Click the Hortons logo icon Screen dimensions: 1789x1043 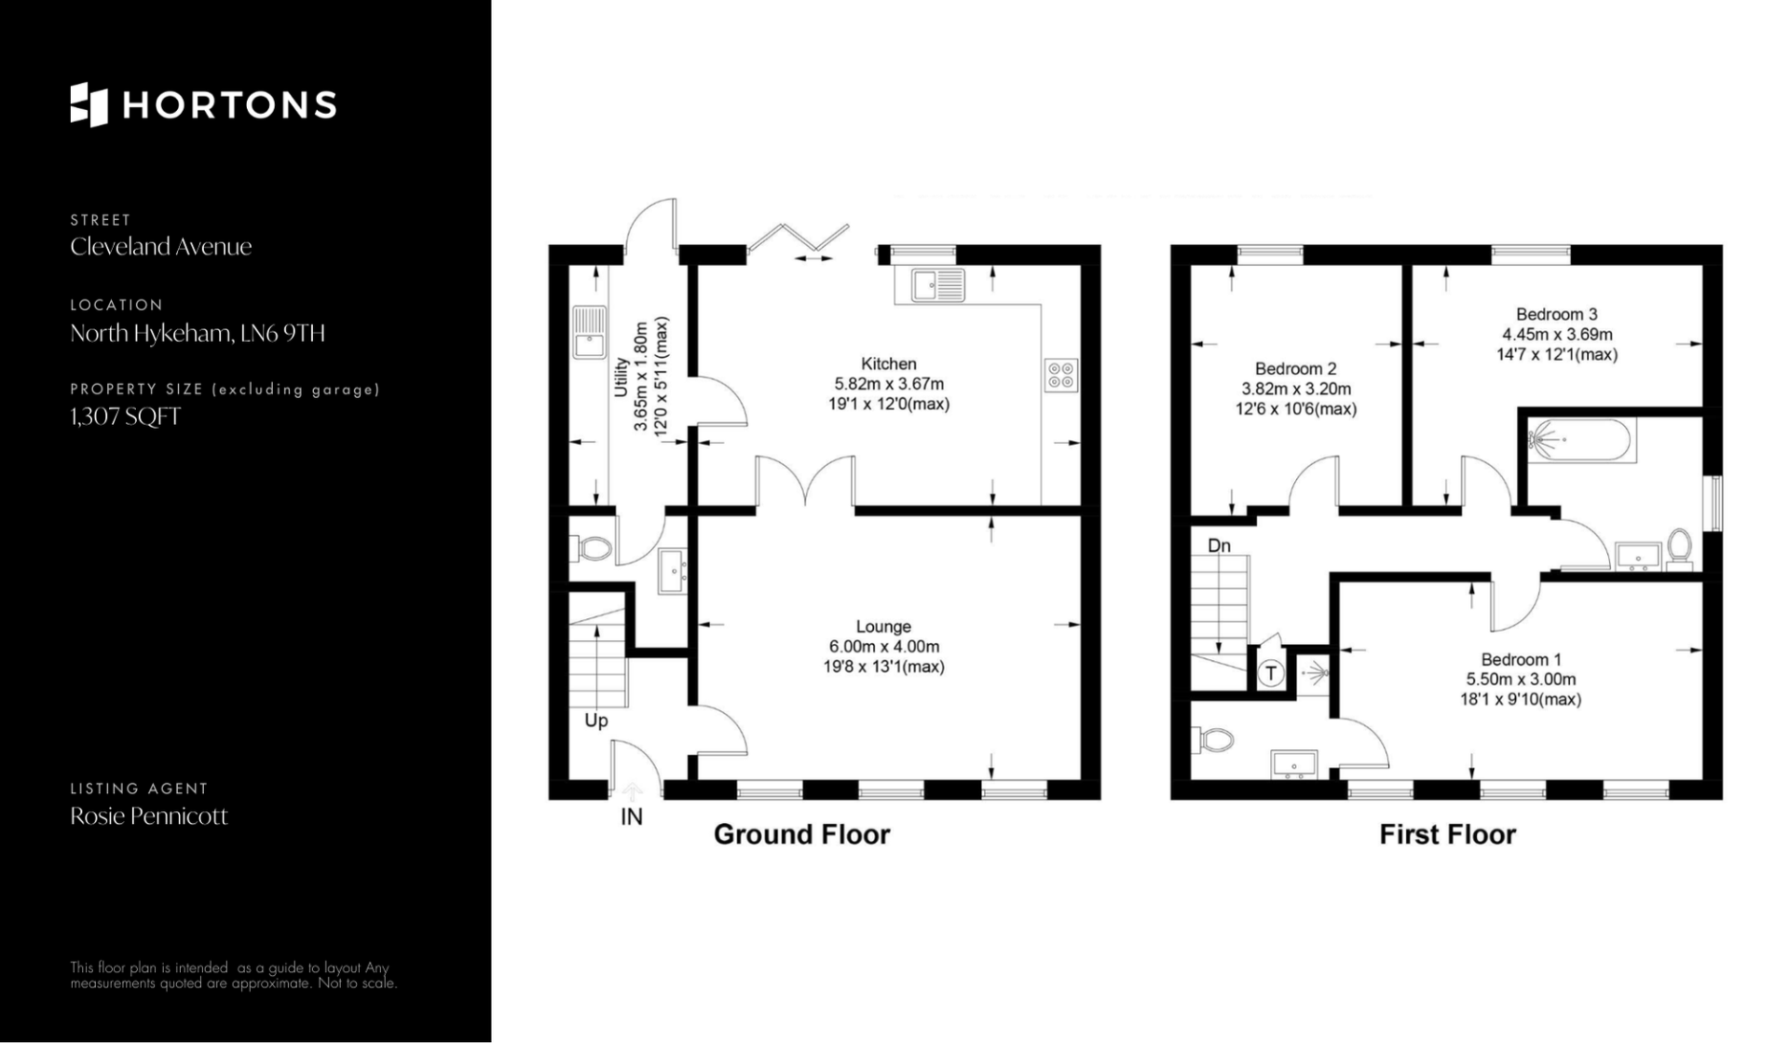click(89, 104)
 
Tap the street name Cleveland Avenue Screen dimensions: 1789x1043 click(161, 247)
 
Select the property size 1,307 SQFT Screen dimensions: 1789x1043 click(126, 417)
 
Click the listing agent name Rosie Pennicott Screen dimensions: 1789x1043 click(149, 817)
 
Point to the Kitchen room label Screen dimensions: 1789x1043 click(889, 364)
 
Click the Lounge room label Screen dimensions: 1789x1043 click(883, 626)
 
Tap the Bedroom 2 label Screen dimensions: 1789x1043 click(1296, 368)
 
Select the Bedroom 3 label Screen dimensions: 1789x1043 click(1557, 314)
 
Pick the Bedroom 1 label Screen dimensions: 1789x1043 click(1522, 660)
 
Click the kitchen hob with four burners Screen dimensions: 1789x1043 click(1061, 375)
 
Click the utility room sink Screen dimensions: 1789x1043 click(589, 332)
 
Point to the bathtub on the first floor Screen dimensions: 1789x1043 click(1580, 441)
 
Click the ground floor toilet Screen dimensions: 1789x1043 click(591, 549)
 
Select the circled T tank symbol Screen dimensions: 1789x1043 click(1271, 673)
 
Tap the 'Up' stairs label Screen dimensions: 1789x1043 click(596, 720)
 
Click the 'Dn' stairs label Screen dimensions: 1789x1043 click(1219, 545)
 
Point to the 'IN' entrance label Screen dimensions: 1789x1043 click(632, 817)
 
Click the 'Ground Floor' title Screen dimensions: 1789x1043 click(802, 834)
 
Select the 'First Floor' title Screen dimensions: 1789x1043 click(1447, 834)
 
